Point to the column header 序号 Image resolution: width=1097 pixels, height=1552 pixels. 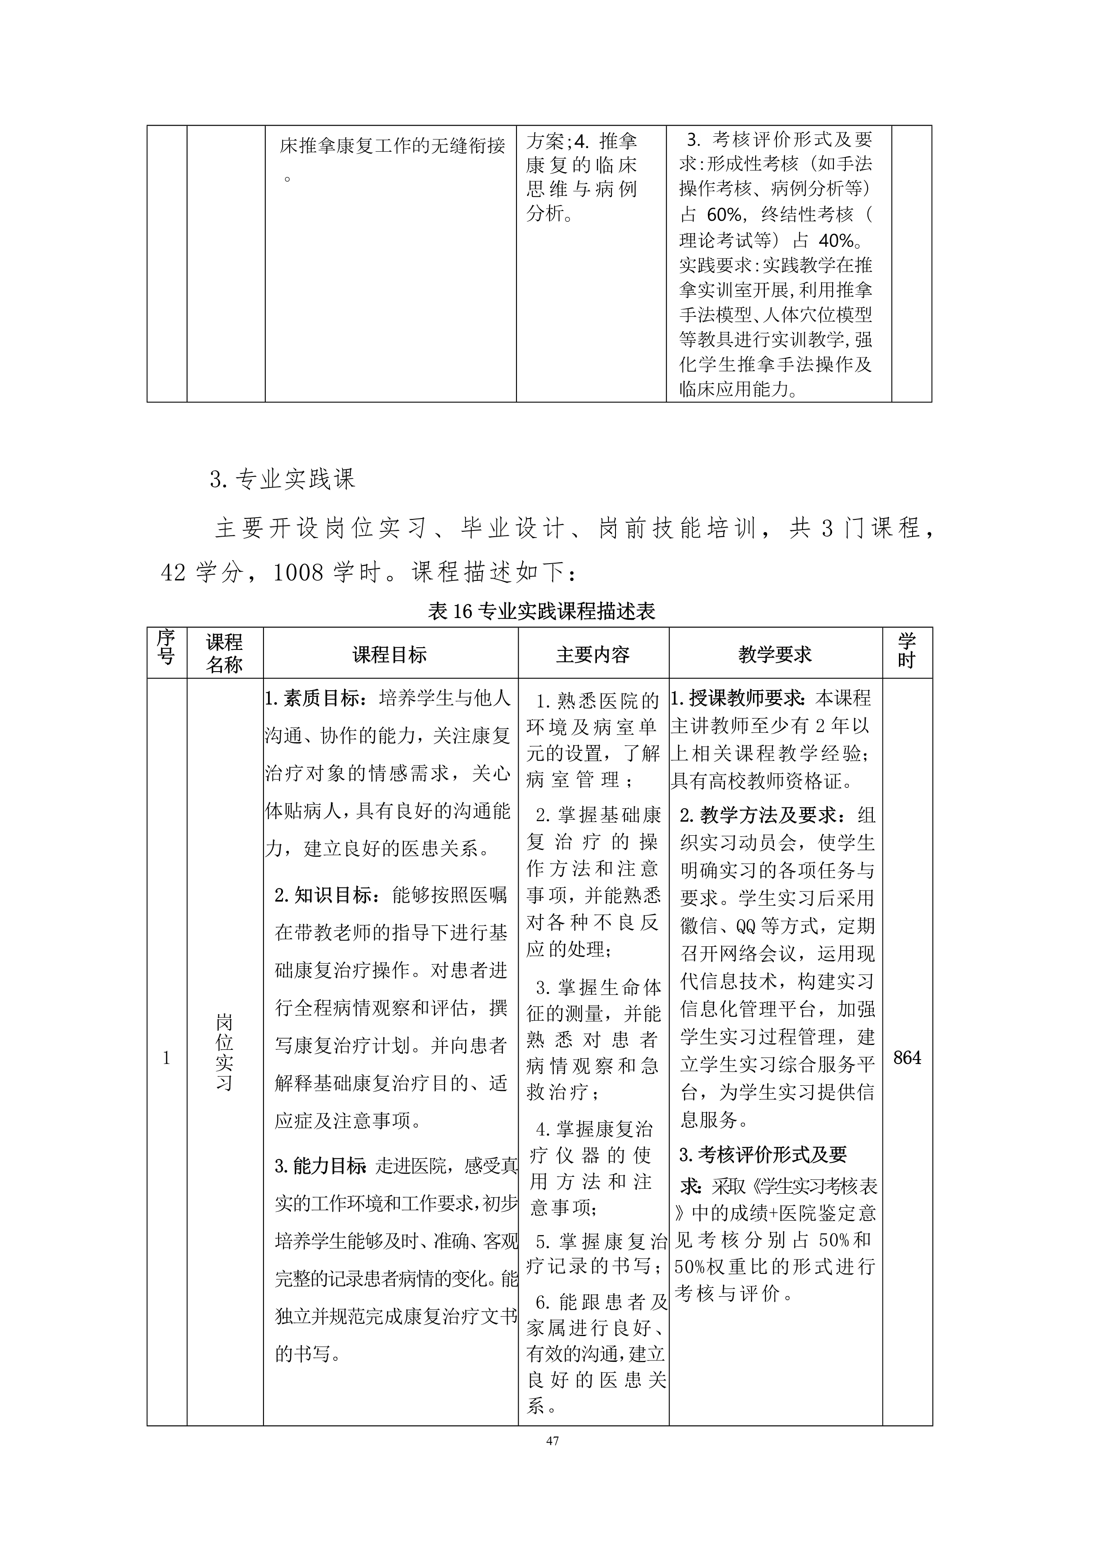click(x=166, y=646)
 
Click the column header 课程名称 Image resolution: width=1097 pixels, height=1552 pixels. click(x=224, y=653)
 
